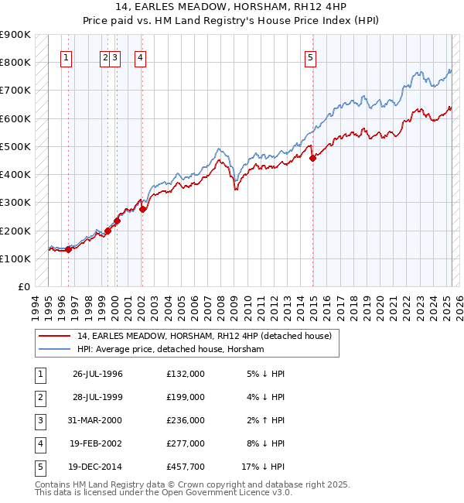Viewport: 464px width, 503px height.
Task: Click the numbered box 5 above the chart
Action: [x=310, y=56]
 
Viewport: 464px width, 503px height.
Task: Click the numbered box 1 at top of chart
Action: [x=66, y=56]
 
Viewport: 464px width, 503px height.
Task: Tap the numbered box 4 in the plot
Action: [x=140, y=56]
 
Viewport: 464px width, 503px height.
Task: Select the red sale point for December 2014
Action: [x=313, y=158]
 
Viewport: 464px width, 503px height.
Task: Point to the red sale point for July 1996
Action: [x=68, y=249]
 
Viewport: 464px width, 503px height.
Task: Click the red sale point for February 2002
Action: [x=142, y=209]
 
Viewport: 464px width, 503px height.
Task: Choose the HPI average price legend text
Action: [x=170, y=349]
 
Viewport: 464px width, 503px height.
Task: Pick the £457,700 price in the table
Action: [x=186, y=467]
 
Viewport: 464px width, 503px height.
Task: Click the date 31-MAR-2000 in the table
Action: [x=98, y=420]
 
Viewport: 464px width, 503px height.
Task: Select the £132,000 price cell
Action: [x=186, y=374]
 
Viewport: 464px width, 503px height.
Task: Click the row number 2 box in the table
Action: [x=38, y=397]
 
